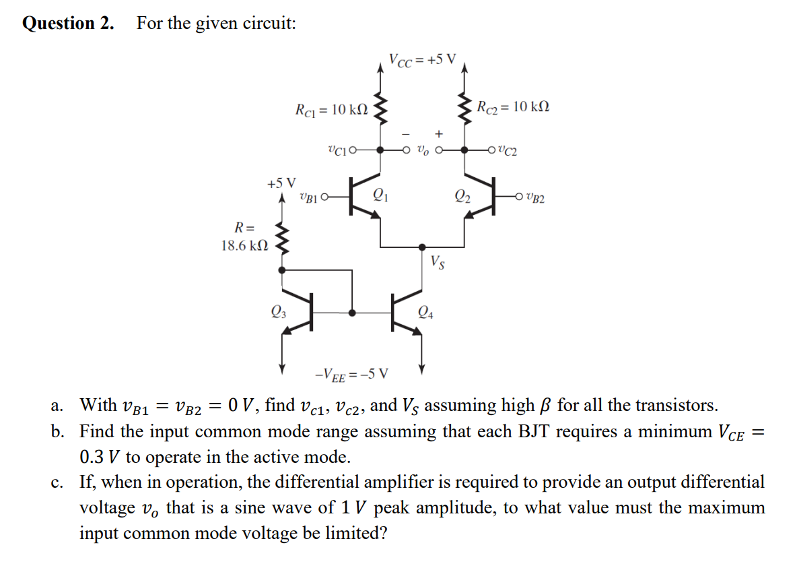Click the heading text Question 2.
68,23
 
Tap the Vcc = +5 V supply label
422,59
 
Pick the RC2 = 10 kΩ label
512,106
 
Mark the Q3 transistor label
277,311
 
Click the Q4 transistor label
425,311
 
